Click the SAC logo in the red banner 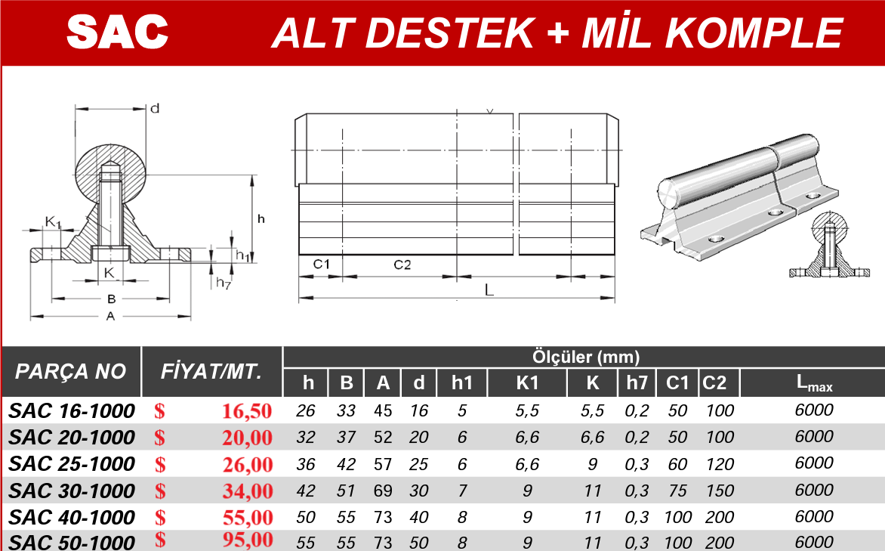(117, 32)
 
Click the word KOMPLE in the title (754, 33)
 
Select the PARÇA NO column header (70, 371)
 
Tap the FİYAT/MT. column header (211, 371)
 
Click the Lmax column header (814, 383)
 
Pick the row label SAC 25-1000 (72, 464)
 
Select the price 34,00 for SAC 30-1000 (247, 491)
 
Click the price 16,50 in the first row (247, 411)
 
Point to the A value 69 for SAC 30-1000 (383, 491)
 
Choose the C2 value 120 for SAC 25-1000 (720, 464)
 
